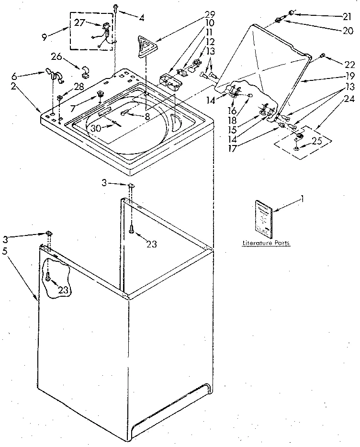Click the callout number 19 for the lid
(x=350, y=76)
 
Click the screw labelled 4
(x=116, y=7)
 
